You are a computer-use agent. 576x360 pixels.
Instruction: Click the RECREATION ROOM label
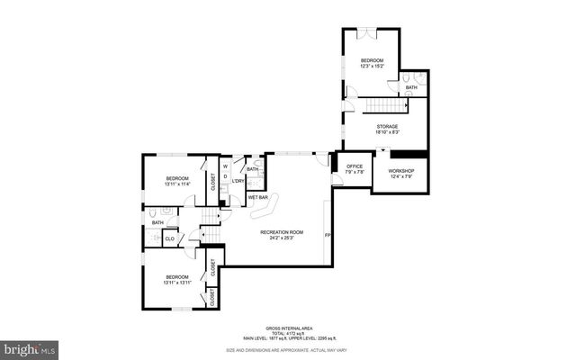[282, 232]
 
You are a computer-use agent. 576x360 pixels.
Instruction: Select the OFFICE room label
[354, 166]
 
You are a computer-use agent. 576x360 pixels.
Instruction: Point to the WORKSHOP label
[400, 171]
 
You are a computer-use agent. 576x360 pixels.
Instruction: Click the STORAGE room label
[387, 126]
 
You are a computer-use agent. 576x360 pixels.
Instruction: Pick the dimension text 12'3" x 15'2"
[372, 65]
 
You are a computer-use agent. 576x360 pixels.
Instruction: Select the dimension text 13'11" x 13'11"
[176, 282]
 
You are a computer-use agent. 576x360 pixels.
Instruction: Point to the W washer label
[225, 165]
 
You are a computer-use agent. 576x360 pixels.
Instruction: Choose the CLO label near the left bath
[169, 238]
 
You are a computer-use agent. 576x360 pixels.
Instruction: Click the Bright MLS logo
[30, 346]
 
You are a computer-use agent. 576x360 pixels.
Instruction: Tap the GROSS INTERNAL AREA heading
[287, 328]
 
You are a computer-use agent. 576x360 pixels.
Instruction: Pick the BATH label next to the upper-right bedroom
[410, 87]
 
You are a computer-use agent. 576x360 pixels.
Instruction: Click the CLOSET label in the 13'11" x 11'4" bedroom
[212, 181]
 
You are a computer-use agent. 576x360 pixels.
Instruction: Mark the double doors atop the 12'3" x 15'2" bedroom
[364, 32]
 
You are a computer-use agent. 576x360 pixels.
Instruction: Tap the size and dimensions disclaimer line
[287, 349]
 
